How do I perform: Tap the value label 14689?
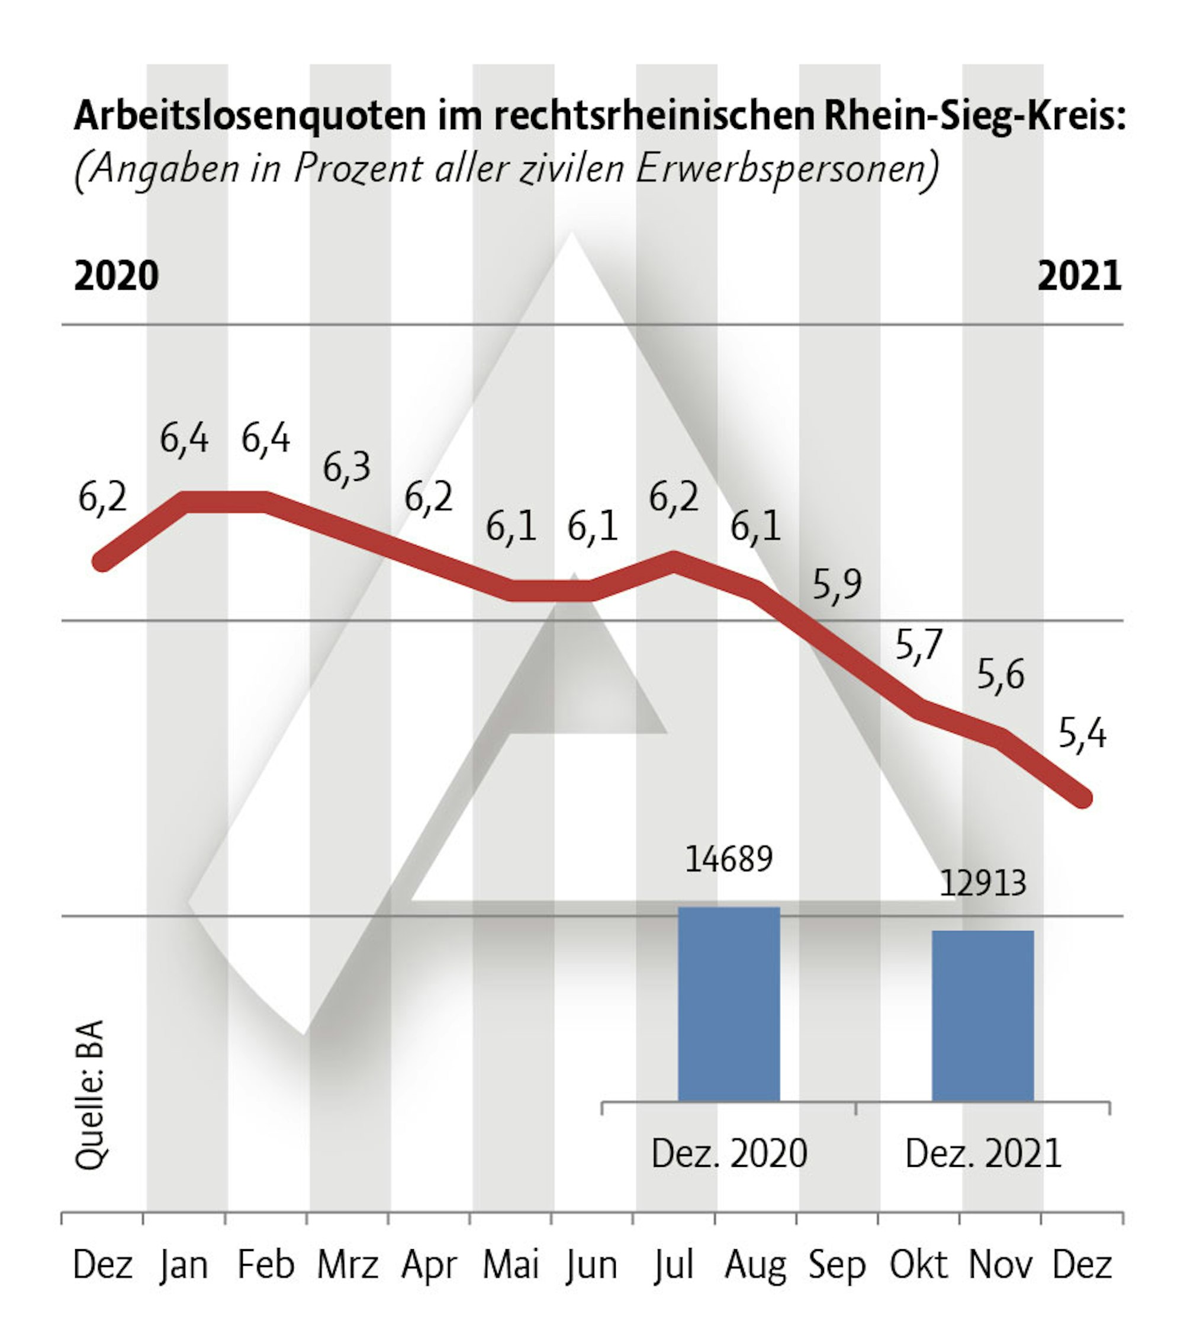click(x=729, y=859)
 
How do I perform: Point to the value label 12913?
click(x=983, y=883)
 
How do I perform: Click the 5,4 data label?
click(x=1082, y=734)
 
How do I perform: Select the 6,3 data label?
click(x=347, y=468)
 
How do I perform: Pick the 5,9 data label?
click(x=836, y=585)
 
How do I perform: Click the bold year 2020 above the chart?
click(x=117, y=276)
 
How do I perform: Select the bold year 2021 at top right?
click(x=1079, y=276)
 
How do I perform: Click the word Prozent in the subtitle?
click(x=358, y=169)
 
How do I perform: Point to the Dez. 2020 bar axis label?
click(x=729, y=1154)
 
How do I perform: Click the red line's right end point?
click(x=1082, y=798)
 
